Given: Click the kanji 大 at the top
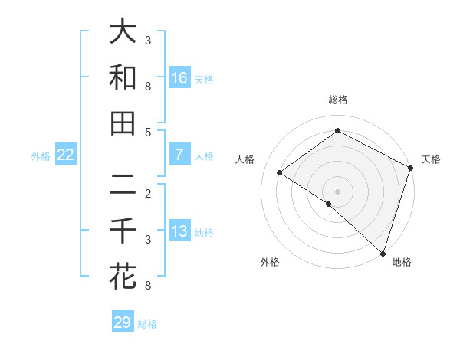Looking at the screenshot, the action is (123, 32).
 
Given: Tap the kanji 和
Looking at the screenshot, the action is (123, 77).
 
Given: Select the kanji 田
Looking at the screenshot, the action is (123, 123).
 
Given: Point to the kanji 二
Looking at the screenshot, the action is (123, 185).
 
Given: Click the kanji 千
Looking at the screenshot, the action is (123, 231).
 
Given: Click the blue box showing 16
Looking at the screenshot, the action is (179, 78).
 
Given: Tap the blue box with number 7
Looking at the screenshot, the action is (179, 155).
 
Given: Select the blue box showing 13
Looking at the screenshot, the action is (179, 231).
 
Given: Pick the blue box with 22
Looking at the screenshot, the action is (66, 155).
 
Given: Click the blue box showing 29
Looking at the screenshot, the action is (123, 322).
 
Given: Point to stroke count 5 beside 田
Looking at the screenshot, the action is (148, 132).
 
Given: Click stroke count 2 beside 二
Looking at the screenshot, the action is (148, 193).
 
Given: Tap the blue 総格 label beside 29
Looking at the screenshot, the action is (148, 324).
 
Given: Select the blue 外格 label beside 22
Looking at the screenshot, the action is (41, 156).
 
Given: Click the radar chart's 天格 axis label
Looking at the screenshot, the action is (431, 159).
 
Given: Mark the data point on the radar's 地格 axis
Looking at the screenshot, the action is (383, 253).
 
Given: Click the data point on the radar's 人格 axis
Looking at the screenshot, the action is (280, 172).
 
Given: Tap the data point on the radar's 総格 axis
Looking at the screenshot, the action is (337, 131).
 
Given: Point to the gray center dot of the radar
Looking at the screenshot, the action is (337, 190).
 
